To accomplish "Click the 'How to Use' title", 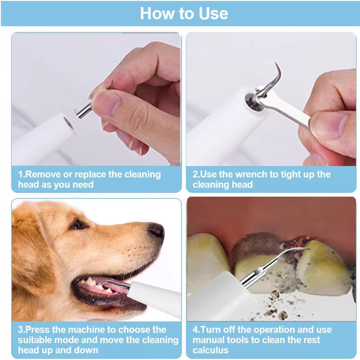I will tap(184, 13).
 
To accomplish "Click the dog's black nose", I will tap(156, 230).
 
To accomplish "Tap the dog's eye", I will tap(77, 224).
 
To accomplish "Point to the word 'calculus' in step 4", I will tap(211, 350).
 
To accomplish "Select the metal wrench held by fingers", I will tap(288, 108).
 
